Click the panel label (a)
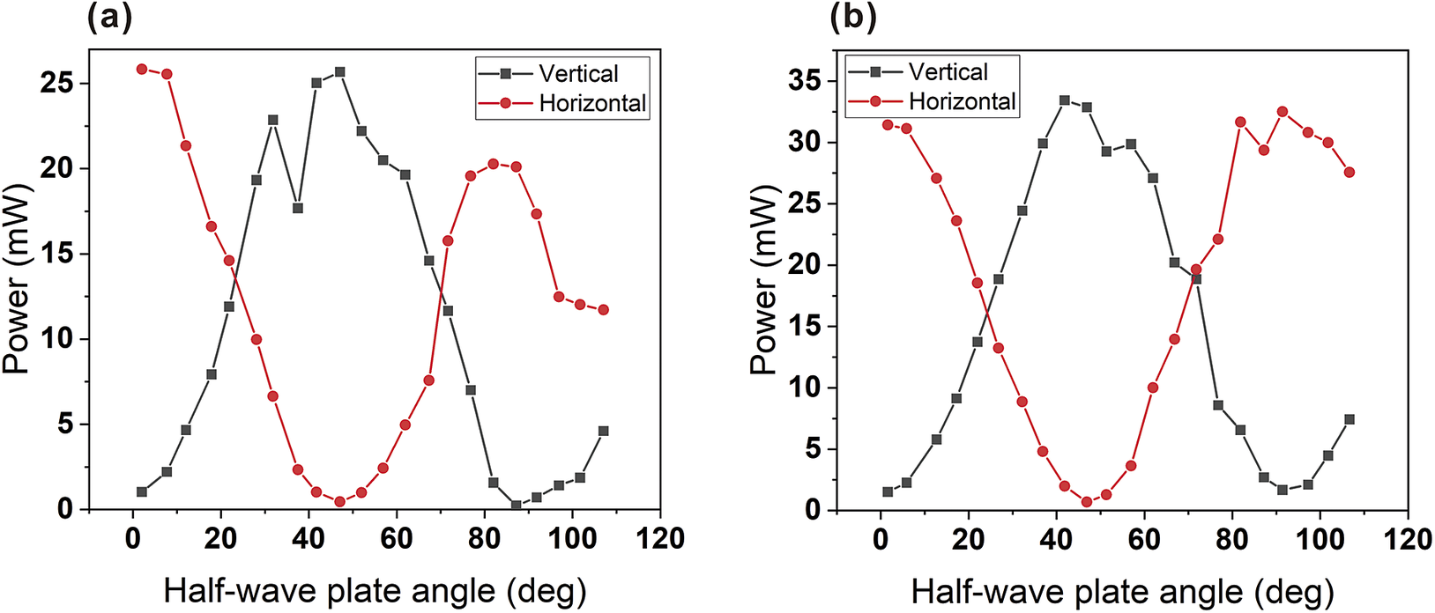click(x=109, y=18)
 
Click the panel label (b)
click(x=853, y=18)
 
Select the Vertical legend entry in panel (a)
click(x=578, y=74)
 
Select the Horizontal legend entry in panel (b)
click(x=962, y=102)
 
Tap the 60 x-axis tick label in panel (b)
click(x=1143, y=538)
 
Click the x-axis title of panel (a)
click(x=375, y=590)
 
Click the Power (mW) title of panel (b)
click(x=763, y=282)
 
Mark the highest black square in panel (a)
click(x=339, y=72)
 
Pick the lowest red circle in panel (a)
click(x=339, y=501)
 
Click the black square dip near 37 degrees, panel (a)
click(x=298, y=208)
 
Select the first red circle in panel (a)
click(x=142, y=69)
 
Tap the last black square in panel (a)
click(x=603, y=431)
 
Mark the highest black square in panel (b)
click(x=1065, y=100)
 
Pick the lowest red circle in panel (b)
click(x=1087, y=502)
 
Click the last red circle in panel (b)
click(x=1349, y=173)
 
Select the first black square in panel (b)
click(x=888, y=491)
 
